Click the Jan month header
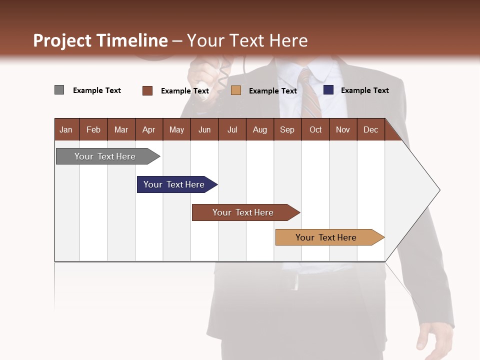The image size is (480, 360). (x=66, y=129)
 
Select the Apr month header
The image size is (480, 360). (x=149, y=129)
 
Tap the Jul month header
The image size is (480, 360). (x=232, y=129)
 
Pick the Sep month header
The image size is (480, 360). (x=287, y=129)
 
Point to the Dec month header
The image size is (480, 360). (x=370, y=129)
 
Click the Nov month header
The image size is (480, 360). (x=342, y=129)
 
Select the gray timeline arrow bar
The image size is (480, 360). (x=105, y=156)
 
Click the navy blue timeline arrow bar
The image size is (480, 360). (x=174, y=184)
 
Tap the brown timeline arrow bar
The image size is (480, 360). (x=243, y=212)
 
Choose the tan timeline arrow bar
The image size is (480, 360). (x=326, y=237)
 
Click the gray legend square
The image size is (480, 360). (x=59, y=90)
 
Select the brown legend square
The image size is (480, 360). (x=147, y=90)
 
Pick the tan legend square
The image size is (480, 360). (x=236, y=90)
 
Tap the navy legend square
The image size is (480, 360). (x=328, y=90)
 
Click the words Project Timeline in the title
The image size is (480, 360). (x=100, y=40)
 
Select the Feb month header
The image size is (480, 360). (x=93, y=129)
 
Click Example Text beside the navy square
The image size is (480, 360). (x=364, y=90)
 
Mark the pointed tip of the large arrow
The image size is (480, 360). (x=439, y=190)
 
